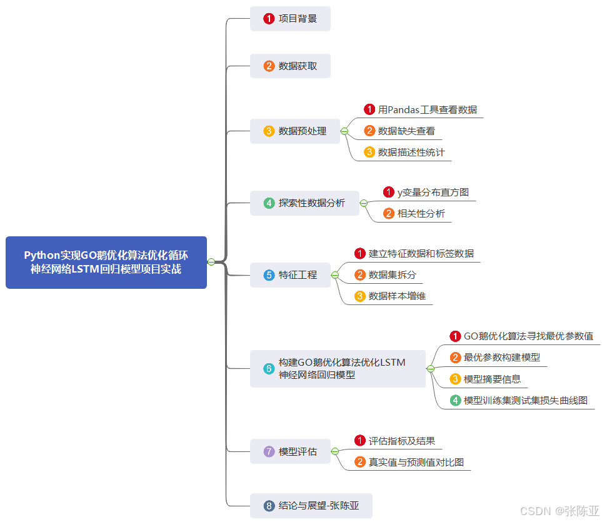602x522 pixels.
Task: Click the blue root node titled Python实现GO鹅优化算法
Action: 106,263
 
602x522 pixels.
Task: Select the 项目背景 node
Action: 290,19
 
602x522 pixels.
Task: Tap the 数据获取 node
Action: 290,66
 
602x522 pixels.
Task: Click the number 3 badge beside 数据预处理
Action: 269,131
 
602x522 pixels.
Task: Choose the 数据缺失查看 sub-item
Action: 406,131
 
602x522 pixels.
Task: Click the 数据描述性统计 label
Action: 411,153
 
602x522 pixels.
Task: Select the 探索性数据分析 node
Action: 304,203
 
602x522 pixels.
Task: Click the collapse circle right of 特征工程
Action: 335,275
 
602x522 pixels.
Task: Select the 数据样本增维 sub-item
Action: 397,296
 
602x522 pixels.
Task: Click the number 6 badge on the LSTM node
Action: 269,369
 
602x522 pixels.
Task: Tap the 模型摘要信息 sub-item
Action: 492,379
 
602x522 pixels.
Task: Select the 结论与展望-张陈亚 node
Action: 311,506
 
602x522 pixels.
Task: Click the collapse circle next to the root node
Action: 211,263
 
